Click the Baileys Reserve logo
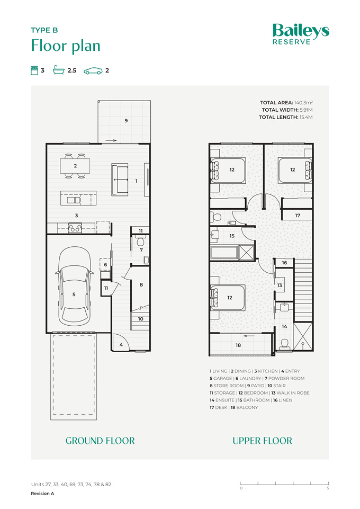[301, 34]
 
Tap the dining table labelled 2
[75, 166]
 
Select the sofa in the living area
[120, 180]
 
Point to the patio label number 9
[126, 121]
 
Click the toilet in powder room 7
[140, 241]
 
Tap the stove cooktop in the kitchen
[75, 228]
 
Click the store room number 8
[141, 284]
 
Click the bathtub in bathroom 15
[224, 253]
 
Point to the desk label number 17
[298, 215]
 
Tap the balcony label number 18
[238, 345]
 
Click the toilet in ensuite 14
[285, 344]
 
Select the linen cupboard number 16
[284, 263]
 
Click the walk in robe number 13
[280, 285]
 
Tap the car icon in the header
[93, 71]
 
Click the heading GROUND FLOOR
[100, 441]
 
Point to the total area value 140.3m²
[303, 103]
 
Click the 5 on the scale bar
[328, 488]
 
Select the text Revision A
[42, 494]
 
